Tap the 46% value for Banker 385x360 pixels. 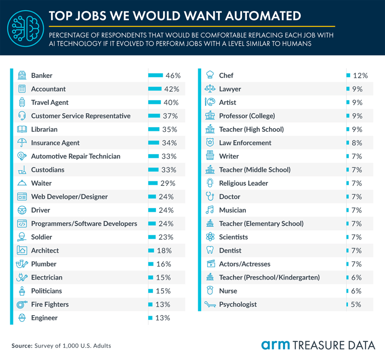(x=173, y=76)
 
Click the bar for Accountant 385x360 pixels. (x=155, y=89)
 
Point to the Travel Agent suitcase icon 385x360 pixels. (x=22, y=103)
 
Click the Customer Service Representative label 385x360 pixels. (x=80, y=116)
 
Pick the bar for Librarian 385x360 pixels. (x=154, y=129)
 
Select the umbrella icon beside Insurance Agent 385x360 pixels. (x=22, y=143)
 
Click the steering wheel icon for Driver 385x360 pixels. (x=22, y=210)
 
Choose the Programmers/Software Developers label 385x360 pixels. (x=84, y=224)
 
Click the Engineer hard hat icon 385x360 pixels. (x=22, y=318)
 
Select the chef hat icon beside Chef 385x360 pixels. (x=210, y=76)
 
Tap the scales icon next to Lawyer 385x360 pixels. (x=210, y=89)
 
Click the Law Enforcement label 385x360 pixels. (x=245, y=143)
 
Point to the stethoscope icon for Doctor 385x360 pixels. (x=210, y=197)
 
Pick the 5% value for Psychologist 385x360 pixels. (x=357, y=305)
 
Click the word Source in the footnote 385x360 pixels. (x=22, y=346)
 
